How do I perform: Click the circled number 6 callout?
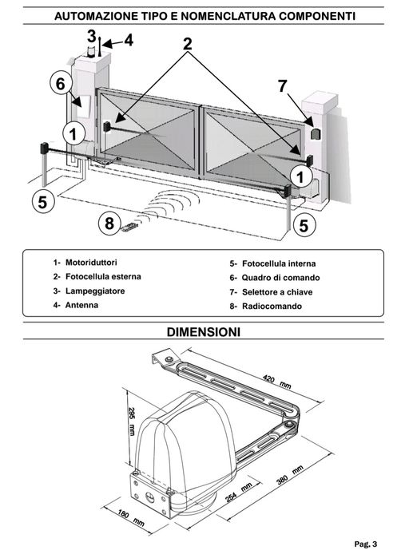[x=62, y=84]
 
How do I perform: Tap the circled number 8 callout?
[x=109, y=224]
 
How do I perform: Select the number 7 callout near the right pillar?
[x=283, y=85]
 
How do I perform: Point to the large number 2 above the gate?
[x=188, y=44]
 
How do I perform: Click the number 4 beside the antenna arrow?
[x=129, y=40]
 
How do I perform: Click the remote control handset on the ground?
[x=129, y=227]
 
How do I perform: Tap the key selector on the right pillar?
[x=316, y=134]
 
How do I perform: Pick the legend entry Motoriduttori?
[x=91, y=263]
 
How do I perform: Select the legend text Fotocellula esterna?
[x=103, y=276]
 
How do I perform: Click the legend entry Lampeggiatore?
[x=95, y=291]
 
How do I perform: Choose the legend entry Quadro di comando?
[x=281, y=278]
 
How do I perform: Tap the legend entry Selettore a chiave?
[x=277, y=292]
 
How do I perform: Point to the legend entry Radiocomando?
[x=272, y=306]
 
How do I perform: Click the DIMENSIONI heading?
[x=204, y=332]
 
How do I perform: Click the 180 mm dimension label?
[x=131, y=518]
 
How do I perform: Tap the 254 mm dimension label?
[x=239, y=493]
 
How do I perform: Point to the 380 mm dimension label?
[x=290, y=475]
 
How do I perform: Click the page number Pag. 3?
[x=366, y=544]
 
